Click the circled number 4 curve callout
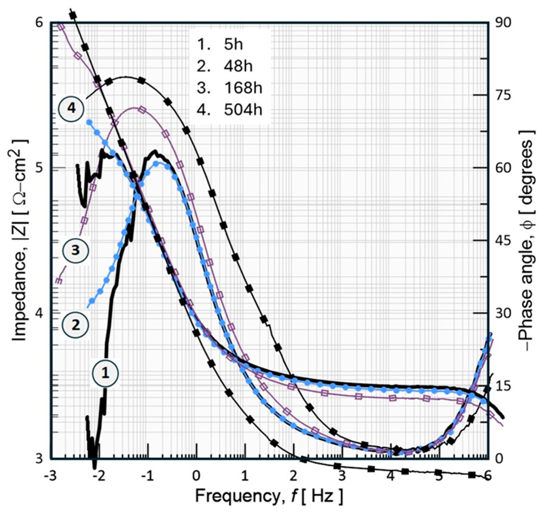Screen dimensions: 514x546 71,109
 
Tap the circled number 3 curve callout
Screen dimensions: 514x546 76,250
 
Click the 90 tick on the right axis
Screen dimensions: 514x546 503,23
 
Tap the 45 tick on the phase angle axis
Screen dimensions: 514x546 503,241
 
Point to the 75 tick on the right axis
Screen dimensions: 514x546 503,96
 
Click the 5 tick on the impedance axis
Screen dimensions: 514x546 40,168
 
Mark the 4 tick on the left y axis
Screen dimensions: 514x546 40,313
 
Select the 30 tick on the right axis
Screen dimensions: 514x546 503,314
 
